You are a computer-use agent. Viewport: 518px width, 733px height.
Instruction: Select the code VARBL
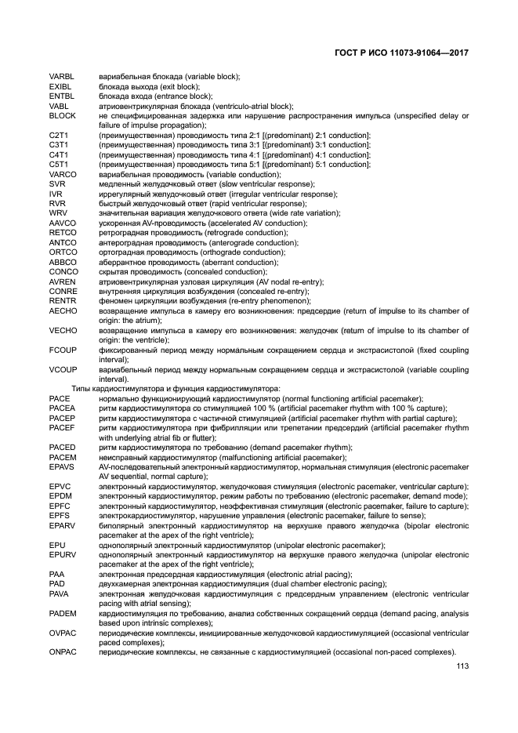coord(61,76)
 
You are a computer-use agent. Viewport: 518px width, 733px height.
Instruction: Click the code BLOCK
coord(61,115)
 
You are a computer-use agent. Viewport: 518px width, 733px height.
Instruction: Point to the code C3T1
coord(59,145)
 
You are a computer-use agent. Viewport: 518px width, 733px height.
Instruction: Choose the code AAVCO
coord(62,223)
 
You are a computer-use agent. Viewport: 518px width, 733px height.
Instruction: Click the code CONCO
coord(63,272)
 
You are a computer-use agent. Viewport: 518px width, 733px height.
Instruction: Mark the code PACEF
coord(62,428)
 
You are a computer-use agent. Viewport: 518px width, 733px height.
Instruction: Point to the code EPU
coord(56,545)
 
